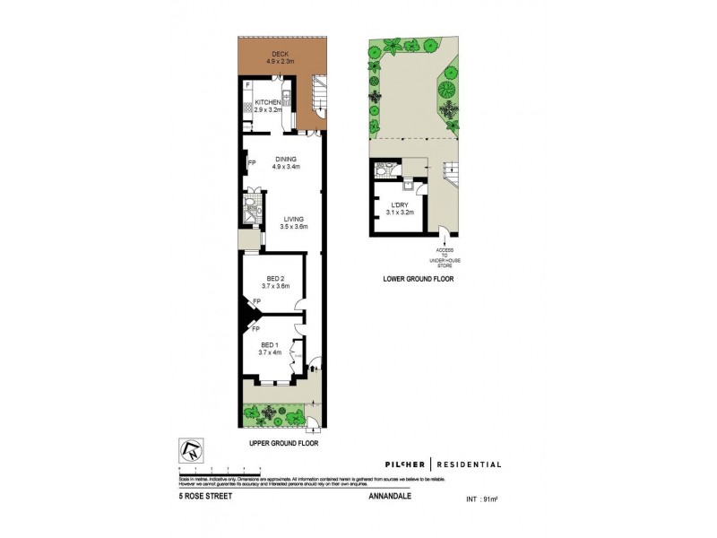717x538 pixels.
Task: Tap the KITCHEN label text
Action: (268, 102)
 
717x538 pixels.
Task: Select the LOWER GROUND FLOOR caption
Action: (419, 280)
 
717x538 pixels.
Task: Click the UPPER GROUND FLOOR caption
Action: (283, 443)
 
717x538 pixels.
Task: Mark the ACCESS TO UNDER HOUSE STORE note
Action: (445, 257)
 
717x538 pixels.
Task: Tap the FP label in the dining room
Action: (252, 163)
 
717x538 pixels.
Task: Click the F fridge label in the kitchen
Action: (248, 85)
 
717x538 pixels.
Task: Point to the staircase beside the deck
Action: (318, 92)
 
